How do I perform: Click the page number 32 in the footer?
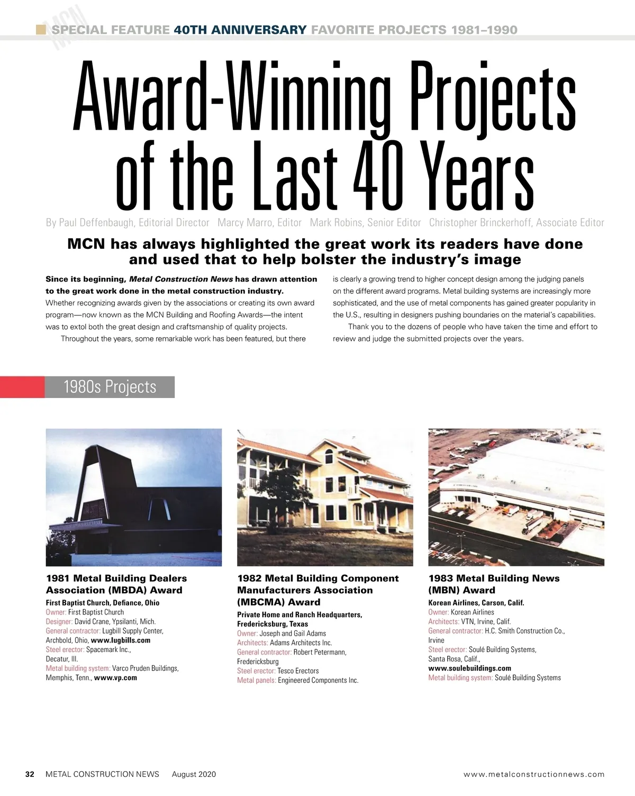tap(30, 774)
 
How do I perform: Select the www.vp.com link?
tap(115, 677)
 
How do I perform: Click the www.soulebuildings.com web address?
tap(469, 668)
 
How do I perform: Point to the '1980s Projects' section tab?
tap(110, 387)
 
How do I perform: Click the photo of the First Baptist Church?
tap(134, 497)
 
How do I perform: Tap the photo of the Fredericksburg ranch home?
tap(325, 497)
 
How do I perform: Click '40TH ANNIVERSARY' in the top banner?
tap(240, 30)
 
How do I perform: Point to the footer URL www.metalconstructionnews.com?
tap(534, 774)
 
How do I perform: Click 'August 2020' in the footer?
tap(194, 774)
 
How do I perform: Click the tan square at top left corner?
tap(40, 29)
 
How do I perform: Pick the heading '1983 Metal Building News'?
tap(494, 578)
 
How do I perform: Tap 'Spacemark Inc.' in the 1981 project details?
tap(108, 649)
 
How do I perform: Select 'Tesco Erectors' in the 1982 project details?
tap(298, 671)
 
